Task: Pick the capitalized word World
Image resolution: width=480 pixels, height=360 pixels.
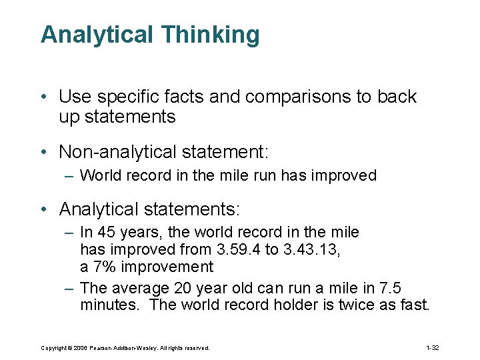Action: [x=99, y=176]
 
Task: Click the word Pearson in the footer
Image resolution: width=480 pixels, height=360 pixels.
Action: [x=102, y=348]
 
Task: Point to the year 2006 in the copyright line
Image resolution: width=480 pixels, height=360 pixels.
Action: [x=81, y=348]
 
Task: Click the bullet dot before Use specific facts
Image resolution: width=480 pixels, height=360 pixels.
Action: [x=43, y=97]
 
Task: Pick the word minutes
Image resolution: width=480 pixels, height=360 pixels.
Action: [x=107, y=305]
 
